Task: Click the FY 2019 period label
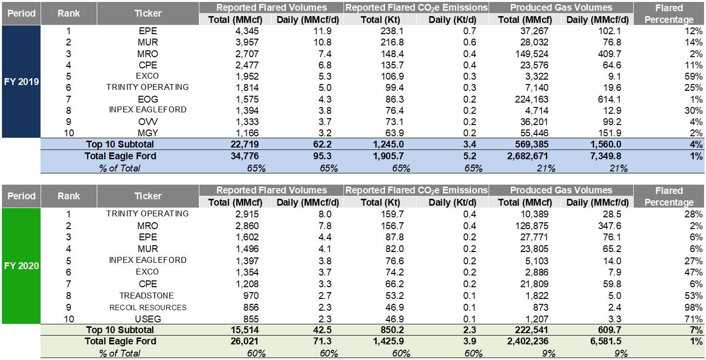[21, 82]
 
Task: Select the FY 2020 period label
[21, 266]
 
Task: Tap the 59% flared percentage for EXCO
[693, 77]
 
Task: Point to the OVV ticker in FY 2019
[148, 122]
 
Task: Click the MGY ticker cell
[148, 133]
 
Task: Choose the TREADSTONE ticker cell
[148, 296]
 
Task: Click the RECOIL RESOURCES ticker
[148, 308]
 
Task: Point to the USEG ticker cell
[148, 319]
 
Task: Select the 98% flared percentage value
[693, 308]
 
